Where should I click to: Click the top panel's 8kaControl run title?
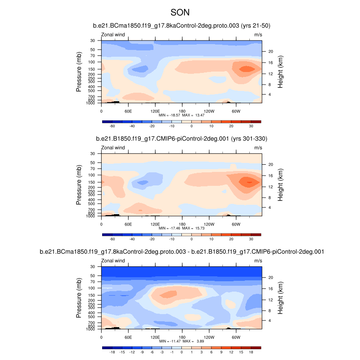pos(181,25)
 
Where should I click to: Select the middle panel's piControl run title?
pos(181,139)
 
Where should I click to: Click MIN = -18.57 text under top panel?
pos(170,115)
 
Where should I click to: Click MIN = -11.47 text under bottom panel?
pos(170,342)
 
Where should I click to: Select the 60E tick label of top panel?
pos(128,111)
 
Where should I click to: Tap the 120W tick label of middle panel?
pos(208,224)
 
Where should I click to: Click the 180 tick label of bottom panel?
pos(182,337)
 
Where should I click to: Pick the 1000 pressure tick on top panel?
pos(91,103)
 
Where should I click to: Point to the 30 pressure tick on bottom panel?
pos(93,267)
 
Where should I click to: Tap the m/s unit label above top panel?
pos(258,34)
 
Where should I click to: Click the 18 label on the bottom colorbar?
pos(251,353)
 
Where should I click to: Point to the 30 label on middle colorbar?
pos(251,240)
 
